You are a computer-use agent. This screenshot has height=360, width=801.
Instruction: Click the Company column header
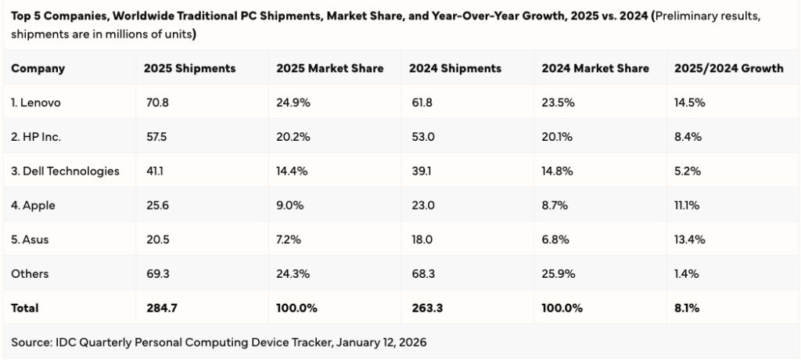[38, 68]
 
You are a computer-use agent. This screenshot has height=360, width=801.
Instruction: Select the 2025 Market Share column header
[329, 68]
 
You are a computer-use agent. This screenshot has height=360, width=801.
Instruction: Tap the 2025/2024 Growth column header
[728, 68]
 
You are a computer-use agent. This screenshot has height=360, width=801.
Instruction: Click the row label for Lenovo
[36, 103]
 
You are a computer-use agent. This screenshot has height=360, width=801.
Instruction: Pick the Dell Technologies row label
[65, 171]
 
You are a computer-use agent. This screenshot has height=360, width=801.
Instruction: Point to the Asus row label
[30, 239]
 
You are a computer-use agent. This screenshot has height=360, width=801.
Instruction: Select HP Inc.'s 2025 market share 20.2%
[293, 136]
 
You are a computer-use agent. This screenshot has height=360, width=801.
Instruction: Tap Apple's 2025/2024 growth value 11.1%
[687, 205]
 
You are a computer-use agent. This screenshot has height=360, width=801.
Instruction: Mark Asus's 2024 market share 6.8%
[555, 239]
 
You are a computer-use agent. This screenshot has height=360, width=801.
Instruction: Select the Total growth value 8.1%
[686, 308]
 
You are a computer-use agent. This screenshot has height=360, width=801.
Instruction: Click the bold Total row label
[25, 308]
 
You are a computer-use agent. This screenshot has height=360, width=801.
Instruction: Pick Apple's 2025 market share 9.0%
[290, 205]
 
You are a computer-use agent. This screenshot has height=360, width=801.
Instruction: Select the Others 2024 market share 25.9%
[557, 274]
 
